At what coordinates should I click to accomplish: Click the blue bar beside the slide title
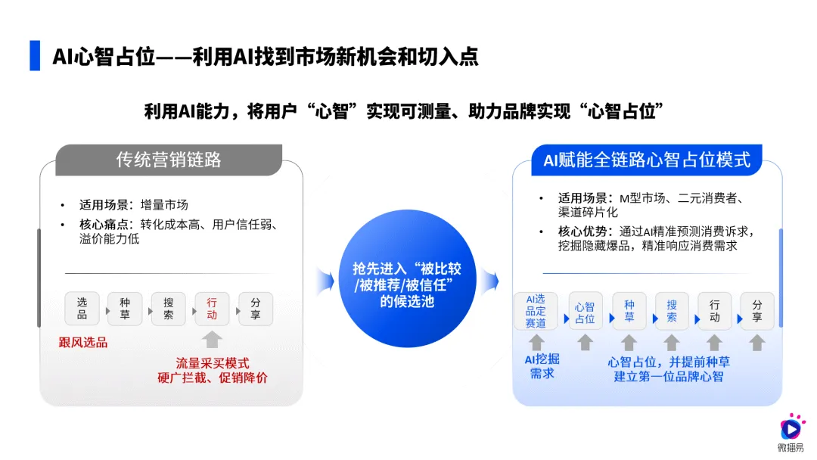(35, 55)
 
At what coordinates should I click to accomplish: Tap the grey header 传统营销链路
(169, 160)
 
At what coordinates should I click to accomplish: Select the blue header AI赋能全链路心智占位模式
(647, 160)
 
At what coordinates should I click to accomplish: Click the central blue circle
(407, 278)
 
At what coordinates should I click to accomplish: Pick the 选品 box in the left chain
(82, 309)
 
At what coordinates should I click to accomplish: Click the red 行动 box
(212, 309)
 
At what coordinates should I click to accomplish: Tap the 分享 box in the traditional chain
(256, 309)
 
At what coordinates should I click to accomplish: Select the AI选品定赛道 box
(536, 311)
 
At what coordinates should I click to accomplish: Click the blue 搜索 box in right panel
(672, 311)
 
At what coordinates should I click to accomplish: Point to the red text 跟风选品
(83, 342)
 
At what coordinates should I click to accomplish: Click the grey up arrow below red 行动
(212, 340)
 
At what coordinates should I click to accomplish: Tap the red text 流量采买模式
(213, 363)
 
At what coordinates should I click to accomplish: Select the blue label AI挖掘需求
(542, 366)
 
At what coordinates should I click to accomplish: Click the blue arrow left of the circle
(325, 281)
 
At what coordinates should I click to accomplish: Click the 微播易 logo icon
(791, 427)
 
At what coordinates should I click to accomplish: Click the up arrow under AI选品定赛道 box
(536, 343)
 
